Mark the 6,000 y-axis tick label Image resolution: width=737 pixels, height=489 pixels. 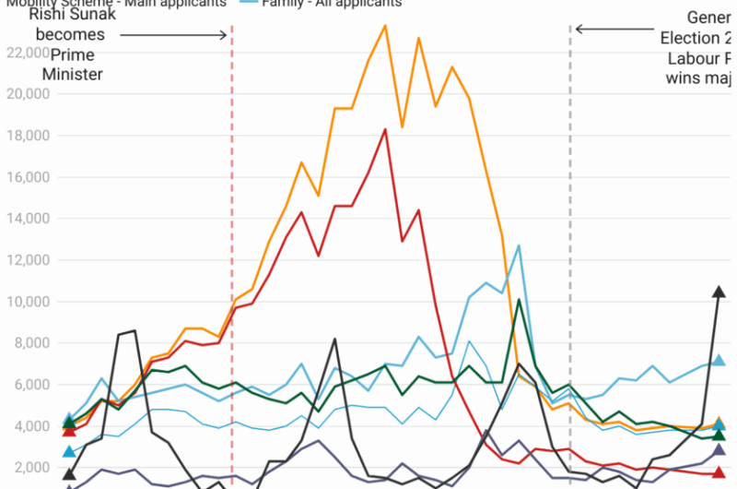[28, 385]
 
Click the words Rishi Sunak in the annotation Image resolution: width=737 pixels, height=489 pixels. [73, 16]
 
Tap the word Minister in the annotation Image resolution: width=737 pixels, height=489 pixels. [73, 75]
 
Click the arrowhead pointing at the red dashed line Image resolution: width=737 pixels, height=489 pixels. [224, 35]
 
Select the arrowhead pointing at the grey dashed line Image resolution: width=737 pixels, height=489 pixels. [579, 29]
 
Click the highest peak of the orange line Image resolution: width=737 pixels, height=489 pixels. [385, 25]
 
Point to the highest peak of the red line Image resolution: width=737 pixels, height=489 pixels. [385, 129]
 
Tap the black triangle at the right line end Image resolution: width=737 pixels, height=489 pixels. [719, 292]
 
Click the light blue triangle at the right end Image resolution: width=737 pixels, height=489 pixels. [719, 361]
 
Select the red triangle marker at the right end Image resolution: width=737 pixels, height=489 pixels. [719, 472]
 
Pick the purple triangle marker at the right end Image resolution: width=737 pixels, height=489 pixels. [719, 449]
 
